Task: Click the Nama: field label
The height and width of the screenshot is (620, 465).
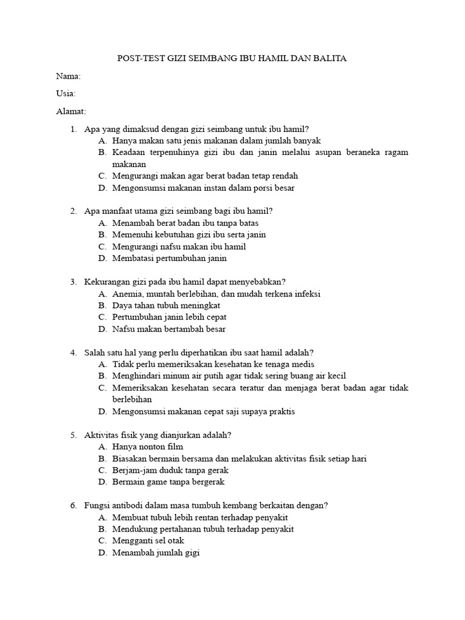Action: click(x=68, y=76)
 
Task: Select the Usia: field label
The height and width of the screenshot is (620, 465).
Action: click(x=66, y=94)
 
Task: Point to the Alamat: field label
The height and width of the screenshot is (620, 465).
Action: click(x=71, y=111)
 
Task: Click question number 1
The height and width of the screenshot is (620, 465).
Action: click(x=73, y=129)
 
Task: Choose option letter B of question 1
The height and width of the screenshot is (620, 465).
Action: click(x=101, y=153)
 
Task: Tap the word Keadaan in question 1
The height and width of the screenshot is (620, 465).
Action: click(x=128, y=153)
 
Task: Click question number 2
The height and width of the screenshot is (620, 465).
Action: click(x=73, y=211)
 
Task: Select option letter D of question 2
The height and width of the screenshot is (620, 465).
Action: click(x=102, y=259)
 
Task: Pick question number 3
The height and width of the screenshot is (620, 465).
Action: click(x=73, y=282)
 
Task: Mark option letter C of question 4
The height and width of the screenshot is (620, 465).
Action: click(x=102, y=388)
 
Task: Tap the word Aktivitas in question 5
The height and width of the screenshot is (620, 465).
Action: click(x=101, y=435)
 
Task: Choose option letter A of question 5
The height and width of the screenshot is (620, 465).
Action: click(x=102, y=447)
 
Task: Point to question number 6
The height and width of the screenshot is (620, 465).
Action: click(x=73, y=506)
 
